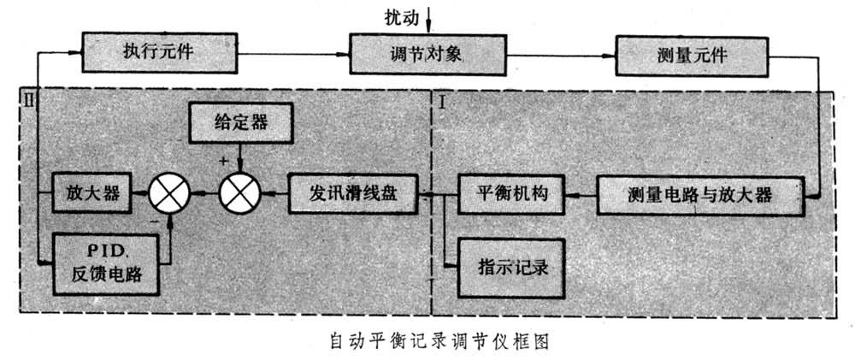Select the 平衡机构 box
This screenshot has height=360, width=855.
511,194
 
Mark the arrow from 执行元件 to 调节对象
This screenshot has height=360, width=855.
291,55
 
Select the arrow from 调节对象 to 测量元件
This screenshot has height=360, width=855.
556,56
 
